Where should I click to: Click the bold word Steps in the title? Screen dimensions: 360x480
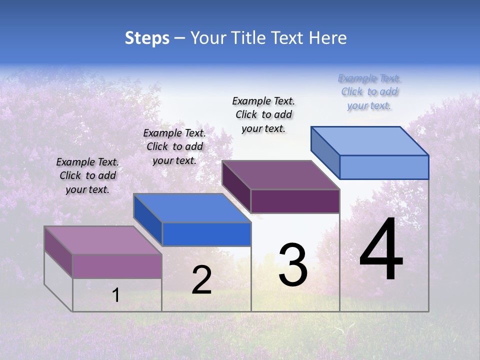tap(147, 38)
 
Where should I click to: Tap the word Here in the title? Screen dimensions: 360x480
tap(327, 38)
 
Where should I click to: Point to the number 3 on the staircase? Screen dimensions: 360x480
tap(293, 265)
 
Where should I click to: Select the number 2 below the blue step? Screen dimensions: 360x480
tap(201, 280)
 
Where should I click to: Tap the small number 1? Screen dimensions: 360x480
tap(115, 295)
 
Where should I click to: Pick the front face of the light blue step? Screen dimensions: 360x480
tap(384, 167)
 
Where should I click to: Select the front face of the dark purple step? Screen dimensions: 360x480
tap(295, 201)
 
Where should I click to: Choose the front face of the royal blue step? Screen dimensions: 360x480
tap(206, 234)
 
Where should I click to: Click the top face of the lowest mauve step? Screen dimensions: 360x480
tap(103, 240)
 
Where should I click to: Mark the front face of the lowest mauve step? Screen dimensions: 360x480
tap(117, 266)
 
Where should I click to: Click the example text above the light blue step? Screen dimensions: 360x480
tap(369, 92)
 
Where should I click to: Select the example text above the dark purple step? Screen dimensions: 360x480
tap(263, 114)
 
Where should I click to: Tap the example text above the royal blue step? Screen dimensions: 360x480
tap(174, 146)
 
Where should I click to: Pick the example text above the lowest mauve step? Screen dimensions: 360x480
tap(87, 175)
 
